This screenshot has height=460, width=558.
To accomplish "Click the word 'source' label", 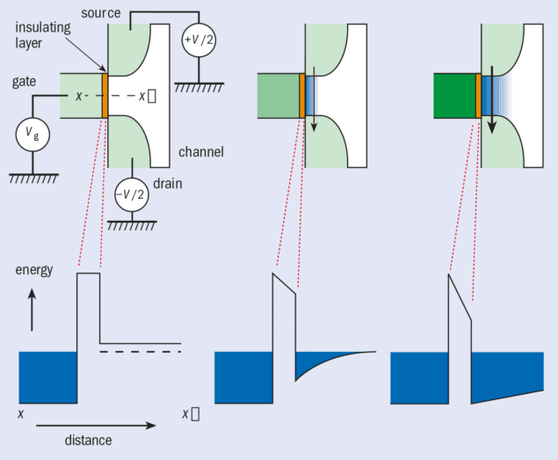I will pyautogui.click(x=99, y=13).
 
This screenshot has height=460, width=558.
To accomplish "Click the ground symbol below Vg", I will pyautogui.click(x=33, y=179).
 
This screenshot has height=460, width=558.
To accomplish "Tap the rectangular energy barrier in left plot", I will pyautogui.click(x=89, y=312).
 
